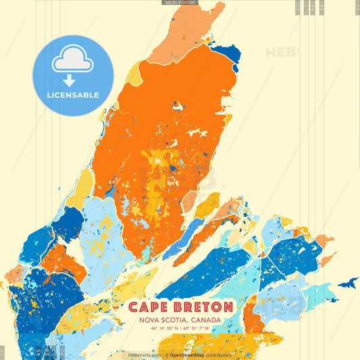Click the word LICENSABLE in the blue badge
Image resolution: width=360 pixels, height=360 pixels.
tap(73, 95)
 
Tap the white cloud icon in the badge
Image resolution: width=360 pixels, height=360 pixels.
tap(72, 59)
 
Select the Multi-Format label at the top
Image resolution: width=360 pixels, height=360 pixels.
tap(180, 3)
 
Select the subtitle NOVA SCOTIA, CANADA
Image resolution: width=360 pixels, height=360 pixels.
tap(180, 320)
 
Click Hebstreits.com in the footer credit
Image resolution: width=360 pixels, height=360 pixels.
tap(145, 355)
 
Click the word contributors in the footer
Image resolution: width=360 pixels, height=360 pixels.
tap(220, 355)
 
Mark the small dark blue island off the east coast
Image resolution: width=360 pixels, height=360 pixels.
tap(348, 283)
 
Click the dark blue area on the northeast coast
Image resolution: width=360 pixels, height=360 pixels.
tap(226, 53)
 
